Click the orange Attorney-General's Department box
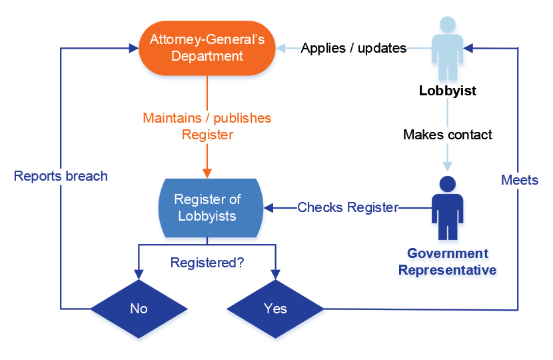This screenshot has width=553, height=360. point(207,47)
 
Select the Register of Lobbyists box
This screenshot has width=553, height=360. point(207,207)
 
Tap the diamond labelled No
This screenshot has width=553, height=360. point(139,309)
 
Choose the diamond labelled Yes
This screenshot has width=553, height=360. point(275,309)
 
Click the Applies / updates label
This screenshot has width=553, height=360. point(354,48)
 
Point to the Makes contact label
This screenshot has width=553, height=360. point(448,135)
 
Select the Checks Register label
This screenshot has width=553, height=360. point(348,207)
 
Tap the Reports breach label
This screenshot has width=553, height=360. point(61,177)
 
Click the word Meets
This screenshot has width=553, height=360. point(520,180)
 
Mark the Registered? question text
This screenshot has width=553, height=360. point(207,262)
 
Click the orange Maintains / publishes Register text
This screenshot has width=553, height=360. point(207,126)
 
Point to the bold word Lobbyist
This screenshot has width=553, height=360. point(448,91)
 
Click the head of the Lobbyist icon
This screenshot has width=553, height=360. point(448,24)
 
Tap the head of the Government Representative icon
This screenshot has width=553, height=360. point(448,183)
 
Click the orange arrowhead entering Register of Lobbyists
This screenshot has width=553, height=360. point(207,173)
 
